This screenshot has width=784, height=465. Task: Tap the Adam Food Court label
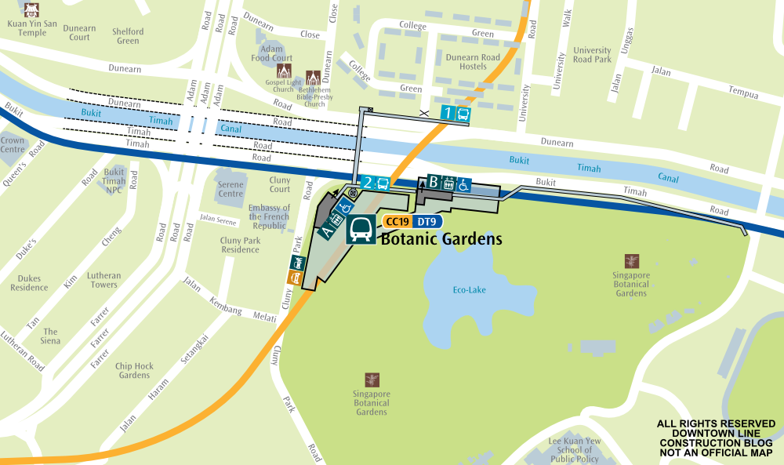click(x=272, y=53)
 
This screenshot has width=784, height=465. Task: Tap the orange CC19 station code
click(x=397, y=222)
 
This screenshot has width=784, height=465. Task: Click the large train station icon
click(x=361, y=229)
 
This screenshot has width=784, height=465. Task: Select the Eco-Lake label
click(x=469, y=290)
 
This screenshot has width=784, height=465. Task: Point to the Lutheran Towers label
click(x=103, y=280)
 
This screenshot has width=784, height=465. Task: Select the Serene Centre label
click(x=230, y=189)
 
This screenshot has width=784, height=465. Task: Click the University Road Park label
click(x=592, y=55)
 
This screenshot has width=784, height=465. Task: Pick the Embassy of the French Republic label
click(x=269, y=216)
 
